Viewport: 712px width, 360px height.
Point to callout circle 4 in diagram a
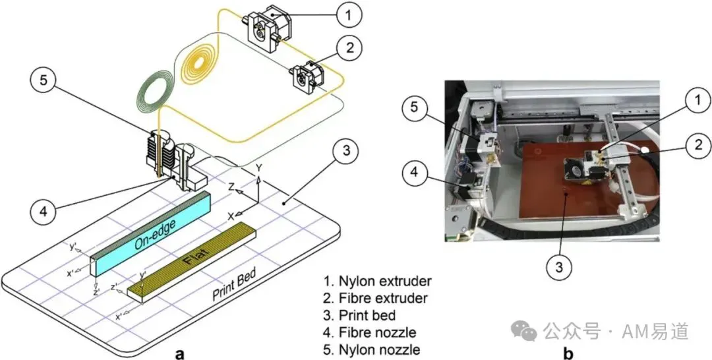click(x=43, y=211)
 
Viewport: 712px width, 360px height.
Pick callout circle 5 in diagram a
click(x=43, y=80)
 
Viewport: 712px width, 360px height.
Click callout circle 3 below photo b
click(x=558, y=268)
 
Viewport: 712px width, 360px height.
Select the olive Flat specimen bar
click(x=191, y=262)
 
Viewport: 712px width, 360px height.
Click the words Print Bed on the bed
click(x=234, y=284)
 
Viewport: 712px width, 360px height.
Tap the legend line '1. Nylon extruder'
click(x=377, y=281)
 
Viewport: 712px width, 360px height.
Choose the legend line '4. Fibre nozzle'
click(x=370, y=332)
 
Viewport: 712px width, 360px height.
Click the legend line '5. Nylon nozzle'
click(x=372, y=349)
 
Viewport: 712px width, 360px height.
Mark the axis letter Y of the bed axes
click(x=259, y=168)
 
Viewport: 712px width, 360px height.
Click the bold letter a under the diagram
click(x=179, y=353)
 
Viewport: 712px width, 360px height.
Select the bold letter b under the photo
click(x=568, y=352)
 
